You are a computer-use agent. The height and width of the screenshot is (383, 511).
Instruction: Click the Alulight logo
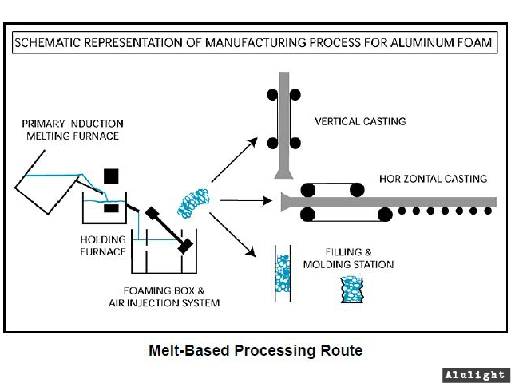coord(475,374)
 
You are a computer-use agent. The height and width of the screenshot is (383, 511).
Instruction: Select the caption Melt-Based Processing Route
coord(255,350)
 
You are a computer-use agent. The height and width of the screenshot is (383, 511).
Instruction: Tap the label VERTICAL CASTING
coord(360,122)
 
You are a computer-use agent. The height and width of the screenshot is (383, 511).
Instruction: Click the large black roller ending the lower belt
coord(384,213)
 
